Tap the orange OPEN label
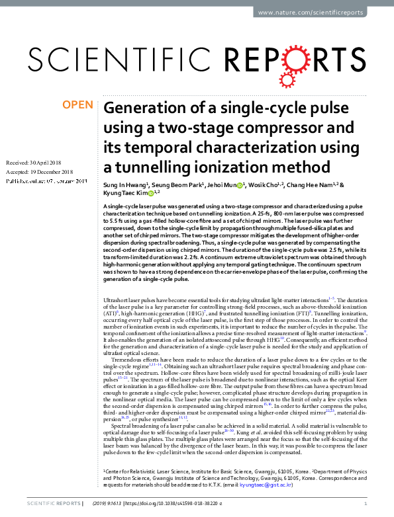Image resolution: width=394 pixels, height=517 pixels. point(77,105)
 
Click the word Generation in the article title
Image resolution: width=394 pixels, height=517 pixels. point(143,108)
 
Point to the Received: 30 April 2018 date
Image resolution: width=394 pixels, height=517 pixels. point(33,163)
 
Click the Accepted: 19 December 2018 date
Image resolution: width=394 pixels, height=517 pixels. point(37,171)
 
